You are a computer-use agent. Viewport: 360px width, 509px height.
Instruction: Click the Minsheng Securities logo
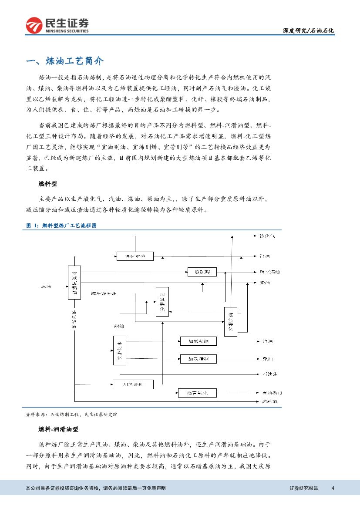coord(57,25)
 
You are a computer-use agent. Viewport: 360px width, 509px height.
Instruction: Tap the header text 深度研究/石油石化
coord(308,30)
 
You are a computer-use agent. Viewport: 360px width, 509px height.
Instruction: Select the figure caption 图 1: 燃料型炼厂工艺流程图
coord(61,226)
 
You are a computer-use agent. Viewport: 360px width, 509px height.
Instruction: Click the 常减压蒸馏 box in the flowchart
coord(74,282)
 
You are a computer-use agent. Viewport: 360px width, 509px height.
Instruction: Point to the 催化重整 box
coord(135,256)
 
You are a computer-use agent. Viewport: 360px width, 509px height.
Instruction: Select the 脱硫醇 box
coord(202,272)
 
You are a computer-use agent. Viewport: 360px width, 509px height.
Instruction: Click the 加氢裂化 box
coord(162,302)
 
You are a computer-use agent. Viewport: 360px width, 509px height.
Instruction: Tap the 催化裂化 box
coord(230,322)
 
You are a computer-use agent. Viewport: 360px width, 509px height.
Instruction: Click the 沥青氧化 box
coord(197,392)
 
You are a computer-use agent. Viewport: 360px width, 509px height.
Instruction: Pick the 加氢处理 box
coord(133,384)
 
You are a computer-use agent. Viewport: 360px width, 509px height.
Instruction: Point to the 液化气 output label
coord(267,236)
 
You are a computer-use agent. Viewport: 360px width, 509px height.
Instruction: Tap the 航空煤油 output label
coord(269,272)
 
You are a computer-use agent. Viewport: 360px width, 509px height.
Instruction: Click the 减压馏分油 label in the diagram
coord(104,293)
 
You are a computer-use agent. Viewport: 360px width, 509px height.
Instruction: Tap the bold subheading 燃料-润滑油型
coord(58,429)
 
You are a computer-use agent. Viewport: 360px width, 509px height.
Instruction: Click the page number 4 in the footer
coord(333,488)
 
